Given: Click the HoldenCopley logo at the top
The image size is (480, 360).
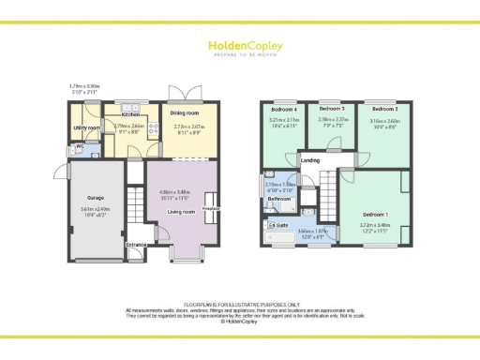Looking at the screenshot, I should tap(239, 47).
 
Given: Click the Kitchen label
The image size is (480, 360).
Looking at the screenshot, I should tap(130, 114).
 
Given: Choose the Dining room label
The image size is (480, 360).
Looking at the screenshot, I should tap(190, 114).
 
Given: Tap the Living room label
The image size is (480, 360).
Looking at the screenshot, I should tap(181, 212).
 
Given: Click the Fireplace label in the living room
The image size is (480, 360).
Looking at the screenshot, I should tap(211, 208).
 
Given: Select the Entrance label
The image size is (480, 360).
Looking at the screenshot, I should tap(137, 245).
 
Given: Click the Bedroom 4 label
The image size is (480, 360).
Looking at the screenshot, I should tap(284, 111).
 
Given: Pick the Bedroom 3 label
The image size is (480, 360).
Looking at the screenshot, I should tap(333, 110).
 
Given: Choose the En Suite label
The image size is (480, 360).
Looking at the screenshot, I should tap(278, 226).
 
